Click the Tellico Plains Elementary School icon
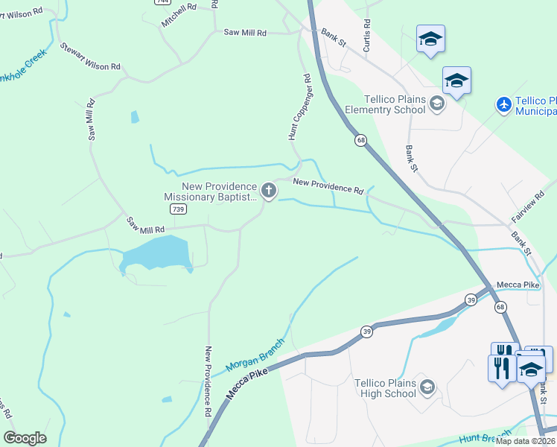click(437, 103)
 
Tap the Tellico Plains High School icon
click(427, 386)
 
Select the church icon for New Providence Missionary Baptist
click(268, 191)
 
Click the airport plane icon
click(505, 105)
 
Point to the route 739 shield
click(177, 210)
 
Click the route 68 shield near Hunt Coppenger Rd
click(360, 140)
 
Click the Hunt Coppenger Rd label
click(299, 107)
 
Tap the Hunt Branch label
click(486, 437)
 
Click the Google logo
click(25, 438)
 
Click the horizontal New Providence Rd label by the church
click(328, 186)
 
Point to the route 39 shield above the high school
click(367, 331)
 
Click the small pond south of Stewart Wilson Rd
click(134, 117)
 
